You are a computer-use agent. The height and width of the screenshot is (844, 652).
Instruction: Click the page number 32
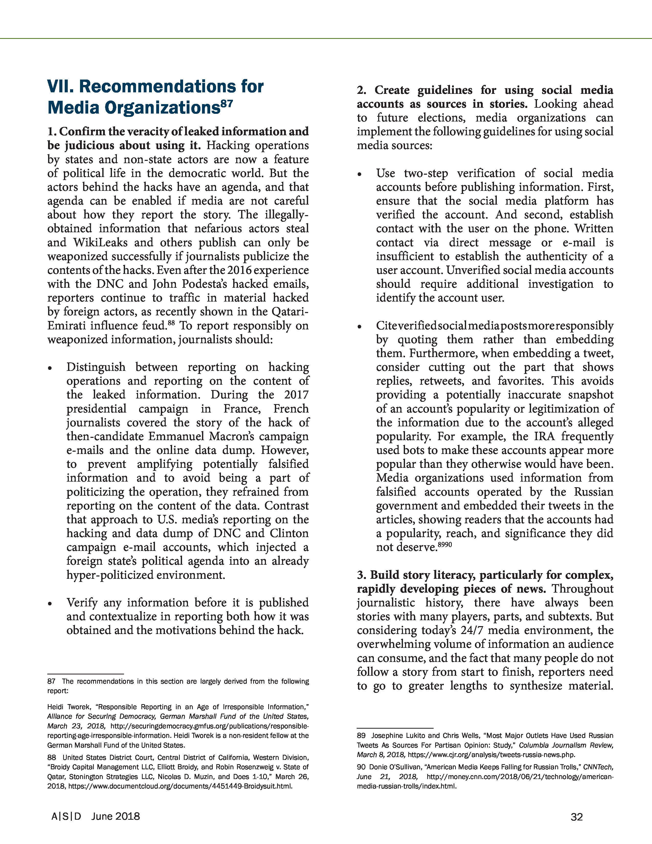click(x=576, y=817)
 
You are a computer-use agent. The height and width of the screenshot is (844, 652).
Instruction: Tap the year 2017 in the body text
click(x=296, y=395)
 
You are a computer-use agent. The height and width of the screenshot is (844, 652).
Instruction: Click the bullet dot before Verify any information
click(x=50, y=604)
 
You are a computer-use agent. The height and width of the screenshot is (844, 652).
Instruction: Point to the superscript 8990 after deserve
click(x=444, y=545)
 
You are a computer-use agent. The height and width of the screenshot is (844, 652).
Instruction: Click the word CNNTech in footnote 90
click(x=598, y=767)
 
